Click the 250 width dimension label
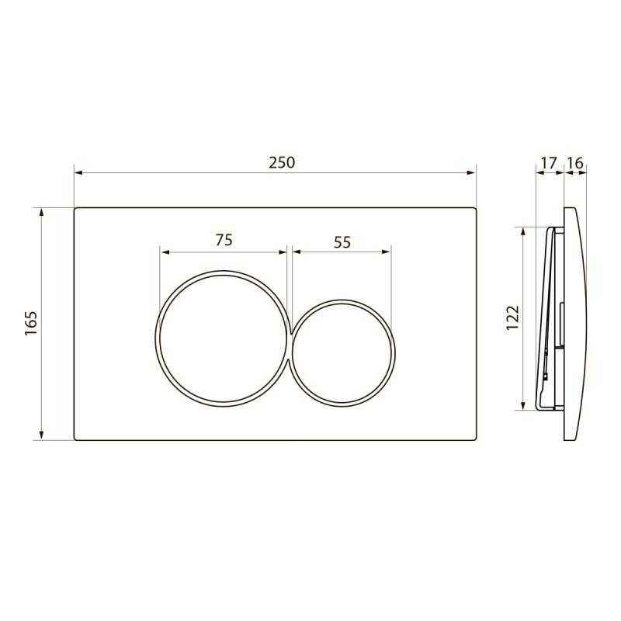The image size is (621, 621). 282,162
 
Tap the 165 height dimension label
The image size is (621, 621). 31,324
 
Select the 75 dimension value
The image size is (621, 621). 224,240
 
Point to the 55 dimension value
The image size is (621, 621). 342,242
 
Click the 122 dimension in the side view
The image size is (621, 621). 512,317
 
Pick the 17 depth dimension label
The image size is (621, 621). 549,163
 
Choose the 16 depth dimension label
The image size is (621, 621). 575,163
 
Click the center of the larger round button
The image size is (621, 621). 223,338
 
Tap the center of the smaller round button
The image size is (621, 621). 342,353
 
